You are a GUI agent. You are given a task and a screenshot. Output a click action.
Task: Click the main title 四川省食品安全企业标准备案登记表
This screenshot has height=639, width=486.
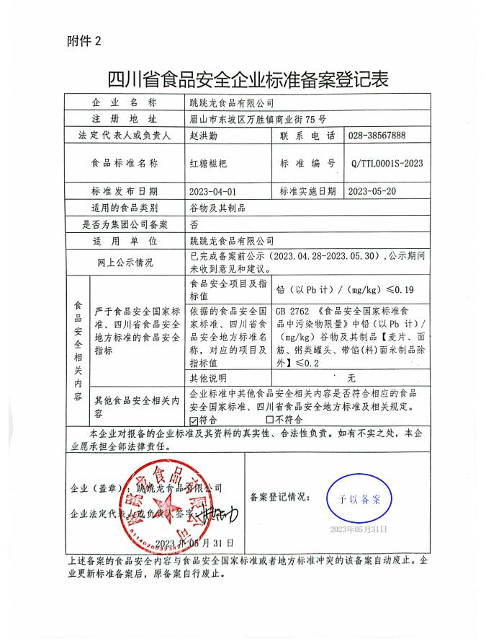click(243, 78)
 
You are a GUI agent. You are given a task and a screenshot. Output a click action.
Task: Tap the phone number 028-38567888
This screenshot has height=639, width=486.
click(376, 136)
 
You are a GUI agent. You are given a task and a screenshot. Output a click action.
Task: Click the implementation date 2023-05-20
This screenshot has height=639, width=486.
click(372, 192)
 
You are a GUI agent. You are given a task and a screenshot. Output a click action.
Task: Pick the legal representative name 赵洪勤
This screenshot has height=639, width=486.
click(202, 136)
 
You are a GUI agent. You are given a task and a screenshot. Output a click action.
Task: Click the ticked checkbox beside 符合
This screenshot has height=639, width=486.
click(193, 418)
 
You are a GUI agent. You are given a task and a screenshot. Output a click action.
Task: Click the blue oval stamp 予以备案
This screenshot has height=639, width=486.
click(358, 499)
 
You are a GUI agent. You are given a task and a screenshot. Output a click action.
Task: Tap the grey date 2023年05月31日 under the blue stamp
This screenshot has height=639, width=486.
click(358, 529)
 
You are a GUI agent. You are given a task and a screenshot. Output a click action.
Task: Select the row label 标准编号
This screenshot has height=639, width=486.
click(307, 164)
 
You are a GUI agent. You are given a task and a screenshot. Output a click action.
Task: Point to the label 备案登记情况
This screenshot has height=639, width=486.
click(280, 497)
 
